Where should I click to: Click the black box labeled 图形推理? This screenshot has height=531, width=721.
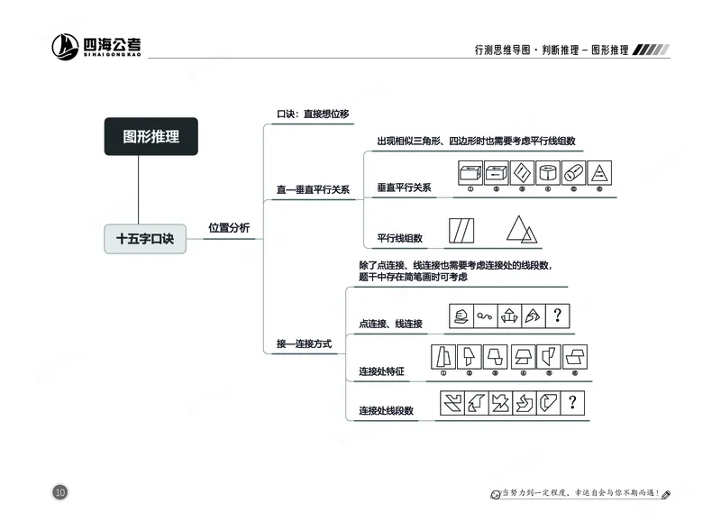151,136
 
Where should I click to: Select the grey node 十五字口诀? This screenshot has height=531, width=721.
144,239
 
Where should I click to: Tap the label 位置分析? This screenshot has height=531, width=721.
229,228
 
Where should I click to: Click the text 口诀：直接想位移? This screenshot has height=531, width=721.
312,114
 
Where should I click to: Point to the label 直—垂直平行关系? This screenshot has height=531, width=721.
313,190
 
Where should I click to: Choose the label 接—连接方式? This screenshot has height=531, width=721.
304,344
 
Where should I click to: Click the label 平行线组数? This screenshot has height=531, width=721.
399,238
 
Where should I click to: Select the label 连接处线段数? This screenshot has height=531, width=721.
386,410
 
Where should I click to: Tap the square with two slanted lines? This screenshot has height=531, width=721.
461,230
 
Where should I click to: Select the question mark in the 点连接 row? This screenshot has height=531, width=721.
558,316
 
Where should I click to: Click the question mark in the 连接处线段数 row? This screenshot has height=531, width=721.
571,402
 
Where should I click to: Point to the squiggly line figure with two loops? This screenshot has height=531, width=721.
485,316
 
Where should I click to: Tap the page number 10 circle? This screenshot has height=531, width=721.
60,491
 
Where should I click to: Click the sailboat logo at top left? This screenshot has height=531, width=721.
65,47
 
